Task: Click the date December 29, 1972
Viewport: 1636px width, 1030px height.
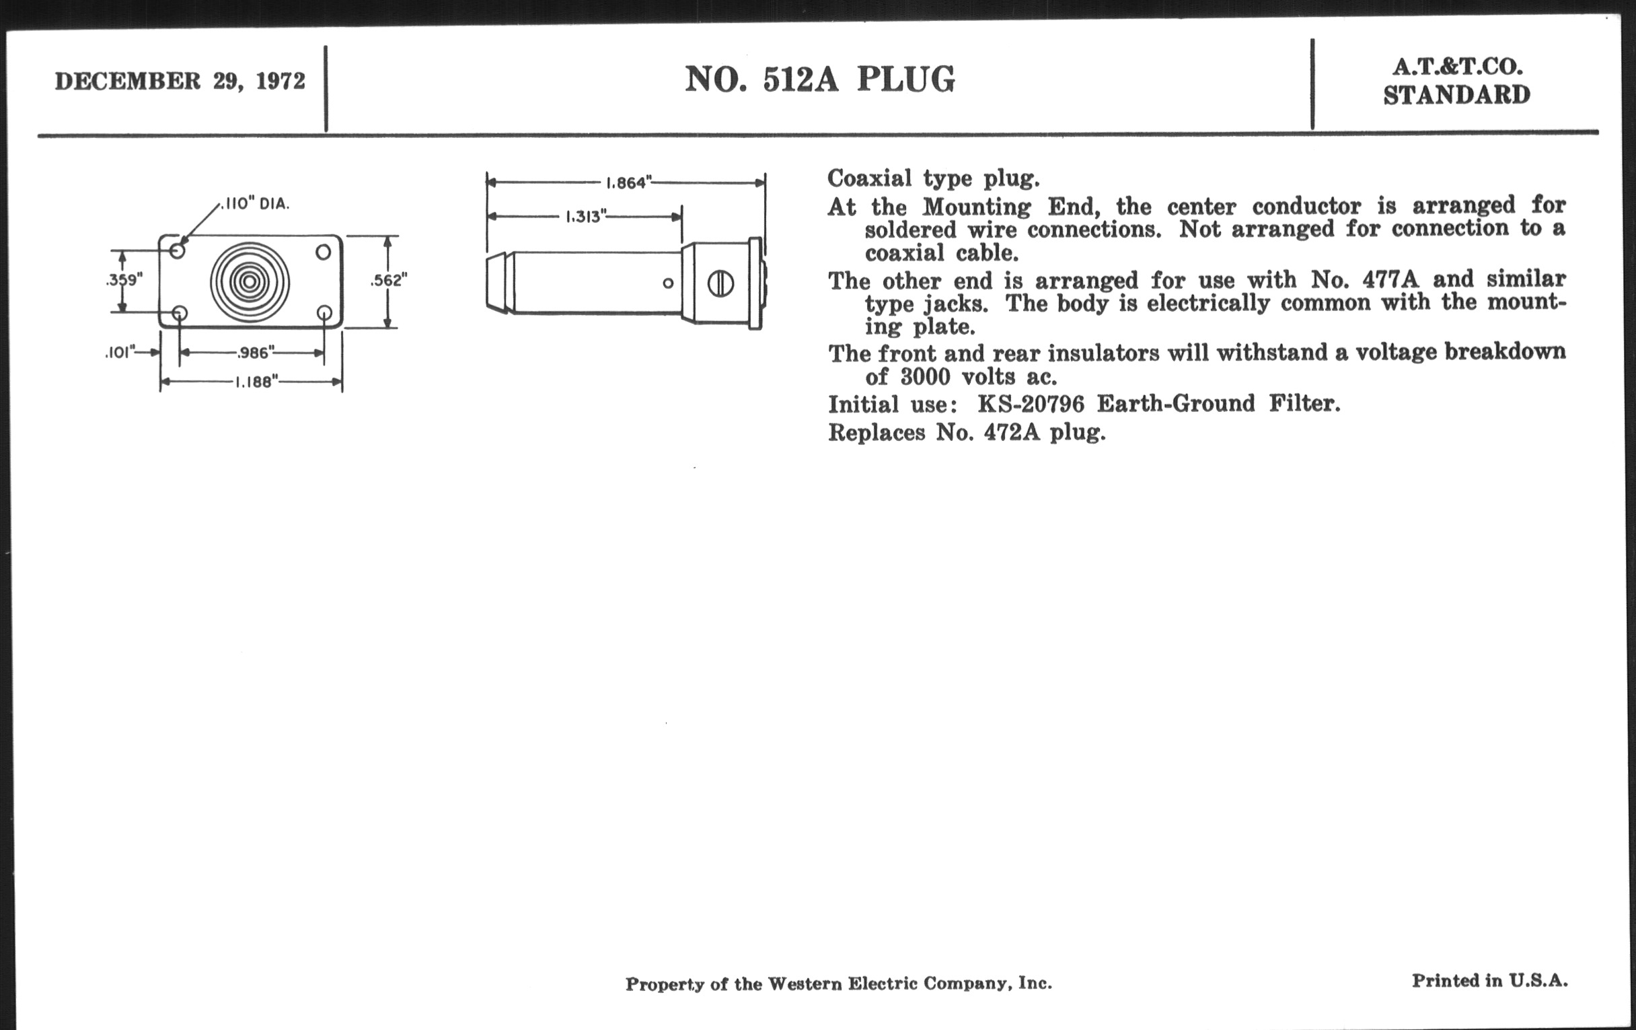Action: [x=180, y=81]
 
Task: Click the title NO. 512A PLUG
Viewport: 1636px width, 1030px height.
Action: [x=820, y=79]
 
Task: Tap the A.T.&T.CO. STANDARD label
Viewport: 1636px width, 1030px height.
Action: [x=1456, y=81]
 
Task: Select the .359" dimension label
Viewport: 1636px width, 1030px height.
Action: [x=124, y=280]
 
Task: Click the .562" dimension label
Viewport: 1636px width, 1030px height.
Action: [x=389, y=280]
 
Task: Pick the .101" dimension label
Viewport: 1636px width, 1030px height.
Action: [x=120, y=353]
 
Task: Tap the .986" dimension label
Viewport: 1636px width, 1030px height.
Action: [x=256, y=353]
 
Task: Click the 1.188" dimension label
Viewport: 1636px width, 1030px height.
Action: [x=256, y=382]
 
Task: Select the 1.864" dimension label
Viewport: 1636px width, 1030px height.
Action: [x=628, y=183]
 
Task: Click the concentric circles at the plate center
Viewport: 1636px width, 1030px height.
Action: [x=250, y=281]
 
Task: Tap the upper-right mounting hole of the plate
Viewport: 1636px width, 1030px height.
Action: [x=324, y=252]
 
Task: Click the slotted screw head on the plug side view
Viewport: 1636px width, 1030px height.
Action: [x=720, y=283]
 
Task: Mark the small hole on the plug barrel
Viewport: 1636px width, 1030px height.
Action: [x=668, y=283]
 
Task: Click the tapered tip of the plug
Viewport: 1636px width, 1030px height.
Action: [x=500, y=283]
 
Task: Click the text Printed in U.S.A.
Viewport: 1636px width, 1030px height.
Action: [x=1490, y=980]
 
